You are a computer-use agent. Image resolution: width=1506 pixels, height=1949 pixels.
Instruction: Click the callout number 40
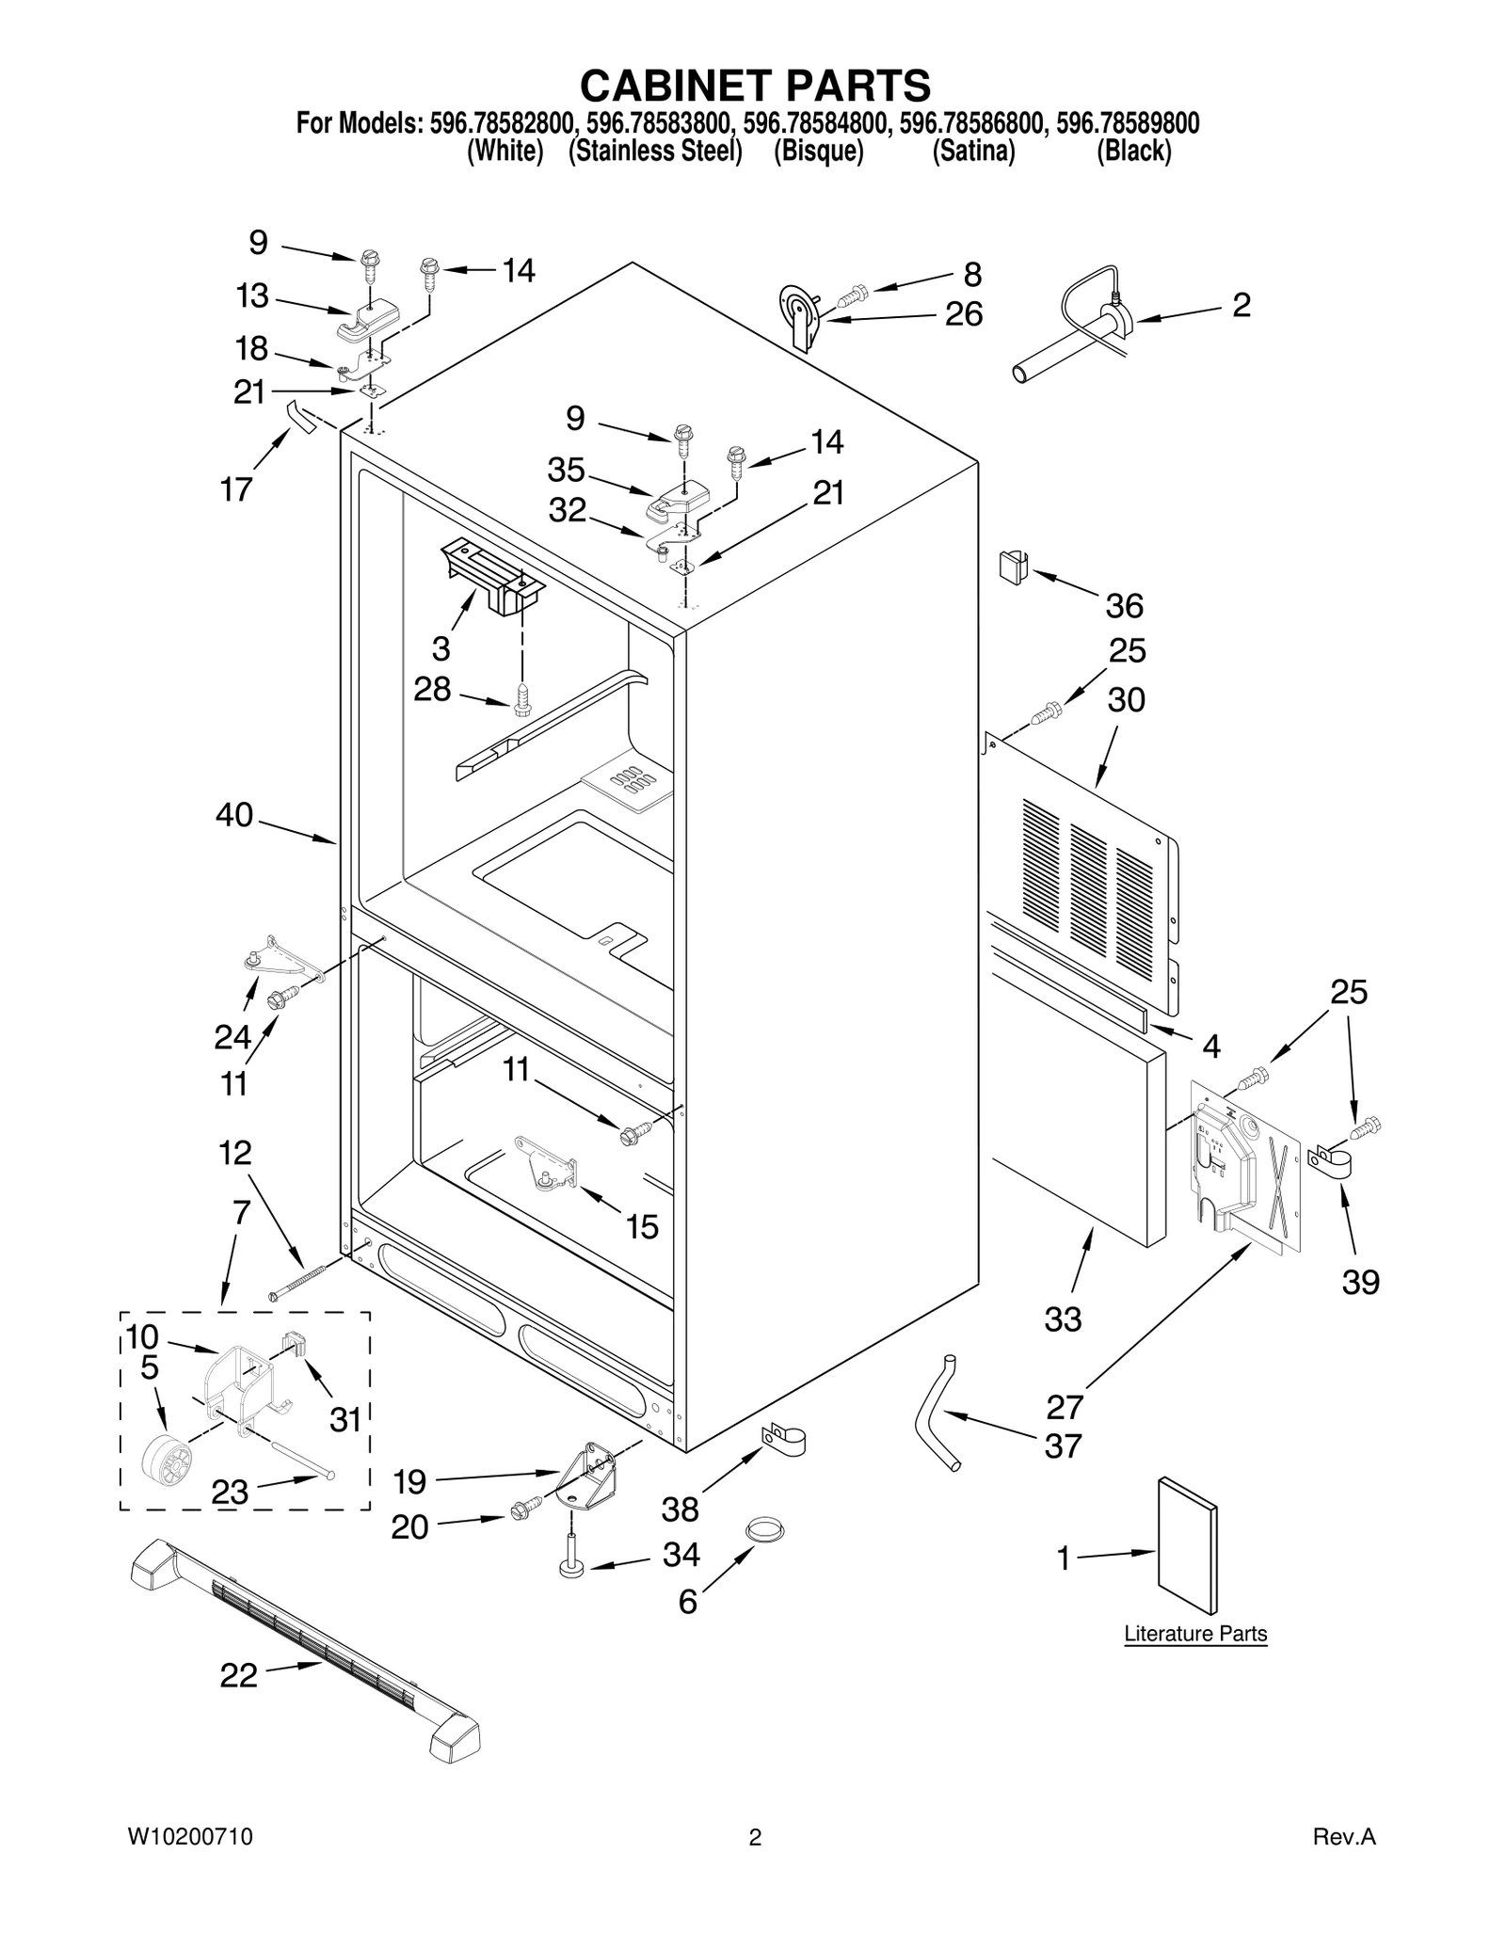pyautogui.click(x=234, y=814)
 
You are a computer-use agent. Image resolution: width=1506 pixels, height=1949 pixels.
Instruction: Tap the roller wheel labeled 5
pyautogui.click(x=166, y=1466)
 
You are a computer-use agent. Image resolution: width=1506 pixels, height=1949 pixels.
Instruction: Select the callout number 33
pyautogui.click(x=1063, y=1319)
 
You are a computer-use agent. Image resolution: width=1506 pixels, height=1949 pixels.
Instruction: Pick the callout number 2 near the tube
pyautogui.click(x=1242, y=305)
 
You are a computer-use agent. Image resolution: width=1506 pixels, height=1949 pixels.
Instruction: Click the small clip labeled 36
pyautogui.click(x=1012, y=567)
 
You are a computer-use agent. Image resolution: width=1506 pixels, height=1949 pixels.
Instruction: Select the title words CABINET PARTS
pyautogui.click(x=755, y=86)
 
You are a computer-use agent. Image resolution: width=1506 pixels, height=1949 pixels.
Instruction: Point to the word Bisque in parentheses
pyautogui.click(x=818, y=152)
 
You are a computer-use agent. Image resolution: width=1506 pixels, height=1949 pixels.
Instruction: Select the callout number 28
pyautogui.click(x=432, y=690)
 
